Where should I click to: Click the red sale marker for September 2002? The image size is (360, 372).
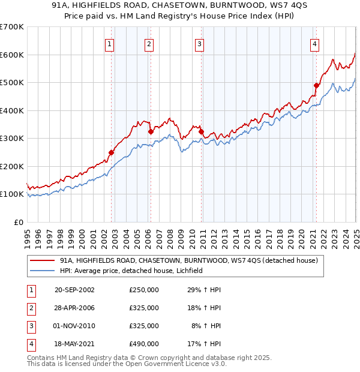111,152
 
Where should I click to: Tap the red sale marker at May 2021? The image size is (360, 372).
316,85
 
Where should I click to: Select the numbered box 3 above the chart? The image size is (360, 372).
199,43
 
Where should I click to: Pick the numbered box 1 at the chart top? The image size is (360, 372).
110,43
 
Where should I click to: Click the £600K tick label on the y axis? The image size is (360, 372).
11,55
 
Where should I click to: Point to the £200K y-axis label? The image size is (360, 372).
11,166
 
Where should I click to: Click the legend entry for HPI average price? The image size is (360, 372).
132,271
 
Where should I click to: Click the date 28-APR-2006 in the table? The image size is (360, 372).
74,308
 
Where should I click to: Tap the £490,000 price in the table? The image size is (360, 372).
143,344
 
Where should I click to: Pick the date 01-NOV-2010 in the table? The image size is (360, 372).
74,326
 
